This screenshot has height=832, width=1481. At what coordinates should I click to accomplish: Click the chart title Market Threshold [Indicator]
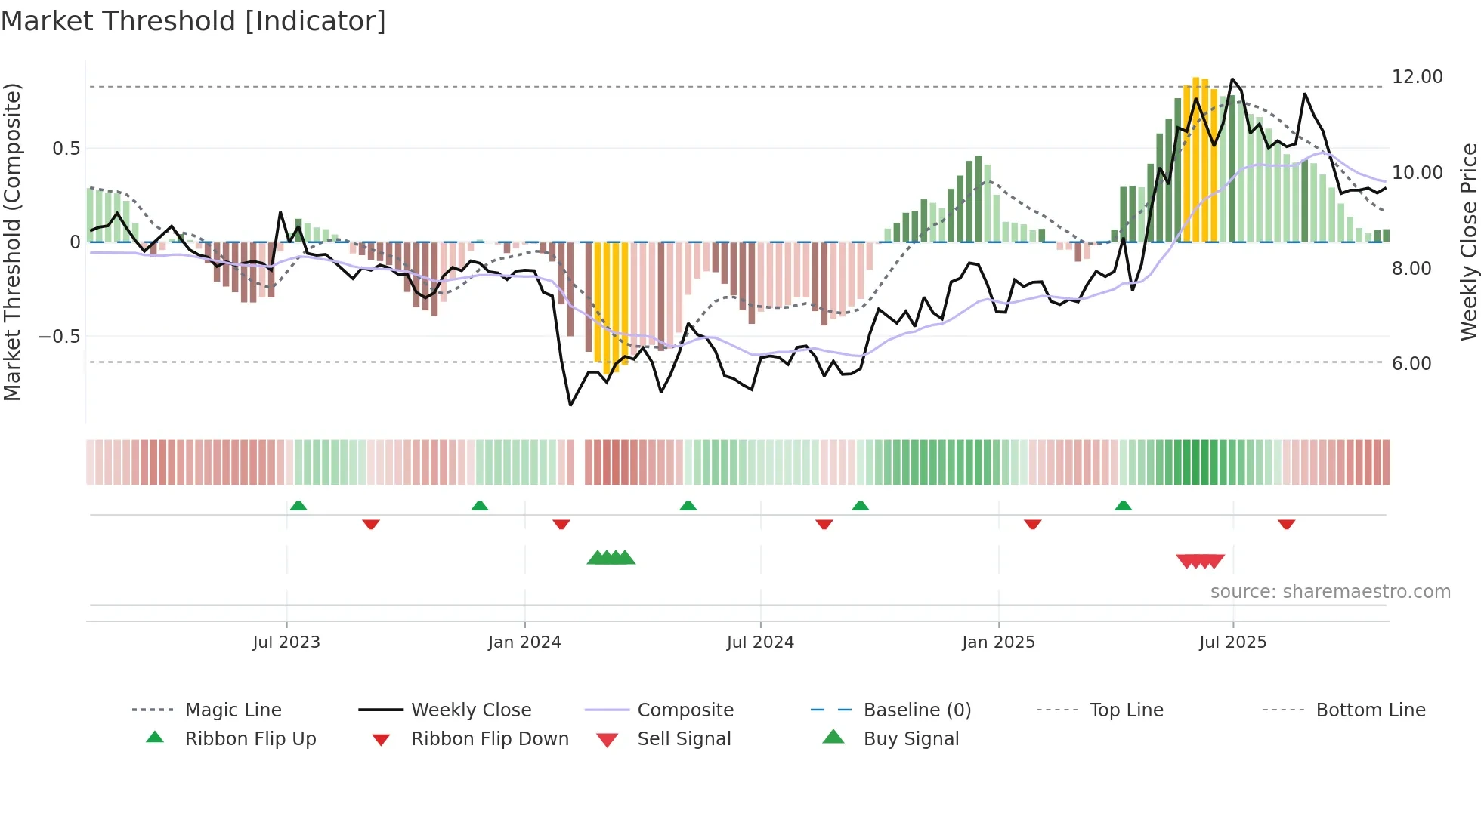(x=193, y=21)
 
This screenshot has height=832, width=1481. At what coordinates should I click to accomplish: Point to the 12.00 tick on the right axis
(x=1417, y=77)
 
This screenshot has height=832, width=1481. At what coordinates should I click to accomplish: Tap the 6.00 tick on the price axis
(x=1411, y=364)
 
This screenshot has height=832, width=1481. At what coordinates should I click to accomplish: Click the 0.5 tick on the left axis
(x=66, y=149)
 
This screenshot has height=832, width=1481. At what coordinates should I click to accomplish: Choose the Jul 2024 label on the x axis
(x=760, y=642)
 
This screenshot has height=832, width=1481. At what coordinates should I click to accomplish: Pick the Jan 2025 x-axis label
(x=998, y=642)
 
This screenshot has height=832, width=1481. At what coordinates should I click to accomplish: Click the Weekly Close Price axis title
(x=1468, y=242)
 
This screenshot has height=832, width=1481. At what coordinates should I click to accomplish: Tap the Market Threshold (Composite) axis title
(x=12, y=242)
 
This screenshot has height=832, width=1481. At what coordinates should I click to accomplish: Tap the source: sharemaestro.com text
(x=1330, y=592)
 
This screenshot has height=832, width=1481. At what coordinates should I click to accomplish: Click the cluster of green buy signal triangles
(x=611, y=558)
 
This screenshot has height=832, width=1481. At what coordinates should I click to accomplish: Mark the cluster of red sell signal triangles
(x=1200, y=561)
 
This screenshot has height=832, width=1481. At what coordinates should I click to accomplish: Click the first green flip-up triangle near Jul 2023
(x=298, y=506)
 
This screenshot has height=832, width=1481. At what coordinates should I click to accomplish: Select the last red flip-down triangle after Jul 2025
(x=1286, y=524)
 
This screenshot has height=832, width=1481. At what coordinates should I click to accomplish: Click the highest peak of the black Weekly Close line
(x=1232, y=79)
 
